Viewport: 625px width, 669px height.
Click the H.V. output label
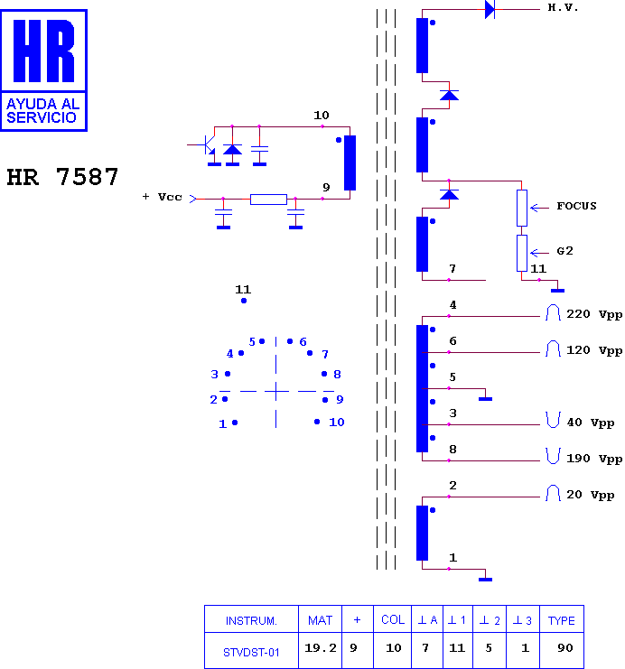563,8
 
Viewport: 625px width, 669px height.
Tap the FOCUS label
576,206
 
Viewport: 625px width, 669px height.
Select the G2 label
564,251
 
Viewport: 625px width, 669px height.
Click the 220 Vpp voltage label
594,314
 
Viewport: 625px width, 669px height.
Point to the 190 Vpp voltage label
594,459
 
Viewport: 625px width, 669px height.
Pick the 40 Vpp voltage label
591,423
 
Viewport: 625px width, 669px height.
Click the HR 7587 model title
62,177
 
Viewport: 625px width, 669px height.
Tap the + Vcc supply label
163,197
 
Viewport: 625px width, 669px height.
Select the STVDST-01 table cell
251,653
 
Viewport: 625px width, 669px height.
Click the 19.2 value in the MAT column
321,648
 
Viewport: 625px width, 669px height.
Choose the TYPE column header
562,621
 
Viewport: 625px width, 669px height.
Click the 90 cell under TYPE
564,648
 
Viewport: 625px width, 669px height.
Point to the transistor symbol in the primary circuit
209,145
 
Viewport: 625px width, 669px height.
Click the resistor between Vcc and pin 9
268,200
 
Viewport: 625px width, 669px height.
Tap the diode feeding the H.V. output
490,9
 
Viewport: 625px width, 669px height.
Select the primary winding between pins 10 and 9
350,163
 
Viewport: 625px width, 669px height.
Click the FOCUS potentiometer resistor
522,209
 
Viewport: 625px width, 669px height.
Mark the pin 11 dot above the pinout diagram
244,301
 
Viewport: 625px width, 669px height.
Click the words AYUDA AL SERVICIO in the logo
42,110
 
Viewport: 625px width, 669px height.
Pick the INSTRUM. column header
251,621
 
